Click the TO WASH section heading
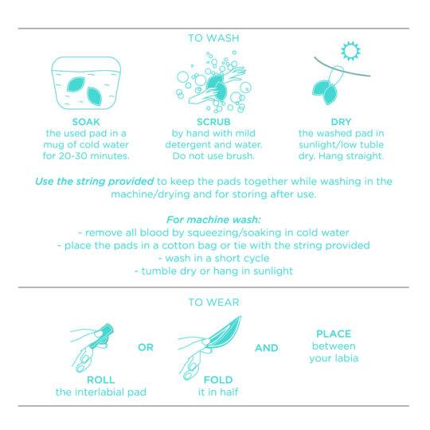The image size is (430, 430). coord(213,37)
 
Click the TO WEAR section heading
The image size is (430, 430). coord(213,302)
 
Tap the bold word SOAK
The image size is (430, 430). coord(85,122)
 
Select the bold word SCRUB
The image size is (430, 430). coord(213,122)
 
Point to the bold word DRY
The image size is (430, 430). coord(340,122)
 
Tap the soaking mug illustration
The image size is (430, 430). coord(85,84)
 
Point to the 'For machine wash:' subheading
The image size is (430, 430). coord(213,220)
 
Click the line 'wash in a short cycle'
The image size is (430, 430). coord(213,258)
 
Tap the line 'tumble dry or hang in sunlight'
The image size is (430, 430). coord(213,271)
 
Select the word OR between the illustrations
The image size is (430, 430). coord(146,348)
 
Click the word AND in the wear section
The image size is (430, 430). coord(267,348)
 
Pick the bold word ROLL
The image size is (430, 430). coord(101,380)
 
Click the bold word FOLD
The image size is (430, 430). coord(213,380)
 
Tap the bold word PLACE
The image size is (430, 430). coord(333,334)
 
